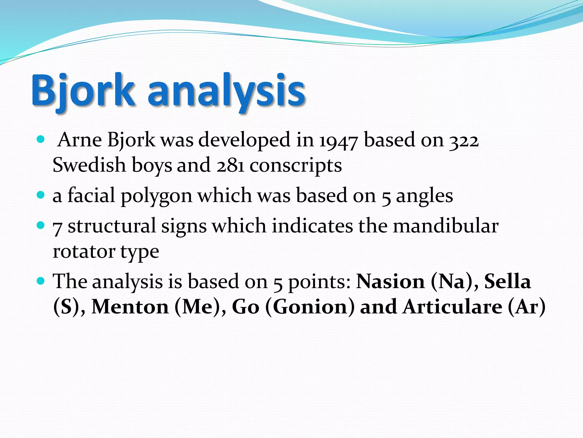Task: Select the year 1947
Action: pos(338,140)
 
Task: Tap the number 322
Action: pos(464,140)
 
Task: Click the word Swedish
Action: pos(89,165)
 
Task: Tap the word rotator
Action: pos(84,252)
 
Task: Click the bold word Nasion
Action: pos(391,281)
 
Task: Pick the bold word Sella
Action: pos(508,281)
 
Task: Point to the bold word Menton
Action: pos(130,307)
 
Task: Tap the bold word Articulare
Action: pos(452,307)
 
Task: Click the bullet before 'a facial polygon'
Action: pos(41,195)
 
